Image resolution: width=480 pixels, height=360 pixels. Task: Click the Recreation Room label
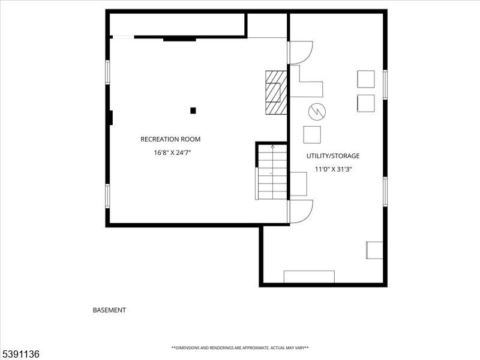pyautogui.click(x=170, y=139)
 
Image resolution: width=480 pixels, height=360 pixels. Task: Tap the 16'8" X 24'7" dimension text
pyautogui.click(x=172, y=152)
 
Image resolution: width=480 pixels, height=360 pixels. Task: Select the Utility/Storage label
pyautogui.click(x=333, y=156)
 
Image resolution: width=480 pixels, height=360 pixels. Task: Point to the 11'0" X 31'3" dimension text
pyautogui.click(x=334, y=169)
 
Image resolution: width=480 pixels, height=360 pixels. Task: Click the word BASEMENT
pyautogui.click(x=109, y=310)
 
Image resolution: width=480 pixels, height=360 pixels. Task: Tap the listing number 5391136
pyautogui.click(x=20, y=354)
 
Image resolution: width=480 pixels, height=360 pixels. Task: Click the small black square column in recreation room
pyautogui.click(x=193, y=110)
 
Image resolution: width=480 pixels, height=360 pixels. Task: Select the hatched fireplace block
pyautogui.click(x=276, y=93)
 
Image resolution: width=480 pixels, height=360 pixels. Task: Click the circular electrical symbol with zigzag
pyautogui.click(x=317, y=112)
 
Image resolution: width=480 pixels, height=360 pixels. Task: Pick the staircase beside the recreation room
pyautogui.click(x=272, y=172)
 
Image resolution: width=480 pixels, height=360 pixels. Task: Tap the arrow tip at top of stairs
pyautogui.click(x=272, y=146)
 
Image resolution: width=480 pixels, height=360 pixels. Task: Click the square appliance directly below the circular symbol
pyautogui.click(x=312, y=134)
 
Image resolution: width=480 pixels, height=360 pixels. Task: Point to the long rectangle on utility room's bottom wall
pyautogui.click(x=309, y=277)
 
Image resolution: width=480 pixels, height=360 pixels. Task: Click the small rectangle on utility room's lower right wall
pyautogui.click(x=374, y=250)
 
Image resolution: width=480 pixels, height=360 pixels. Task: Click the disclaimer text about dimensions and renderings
pyautogui.click(x=240, y=348)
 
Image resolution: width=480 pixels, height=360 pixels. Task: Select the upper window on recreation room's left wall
pyautogui.click(x=107, y=72)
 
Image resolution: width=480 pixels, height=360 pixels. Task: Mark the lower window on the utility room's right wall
pyautogui.click(x=385, y=192)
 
